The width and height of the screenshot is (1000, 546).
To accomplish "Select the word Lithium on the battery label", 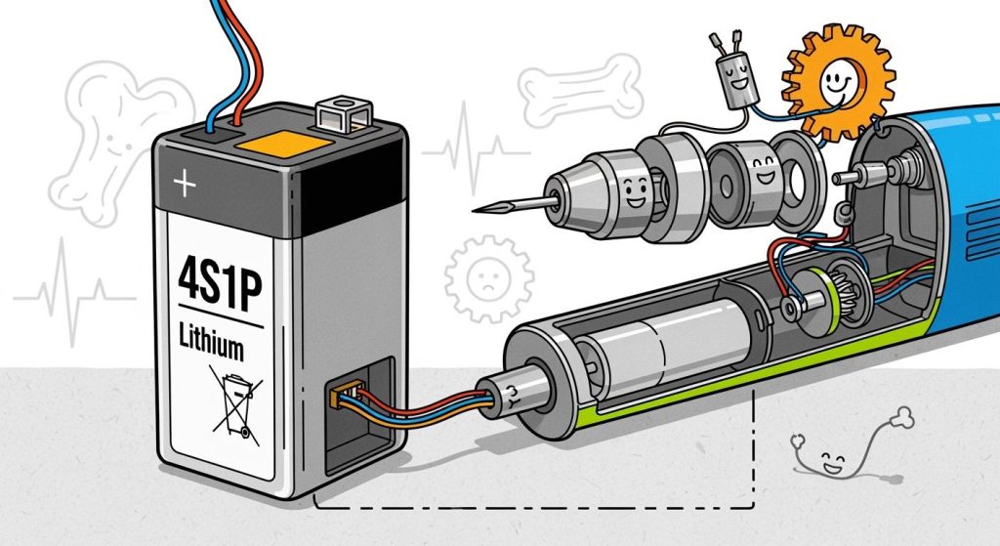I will pos(212,346).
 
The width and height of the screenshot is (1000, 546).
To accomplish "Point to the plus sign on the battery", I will pos(182,182).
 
